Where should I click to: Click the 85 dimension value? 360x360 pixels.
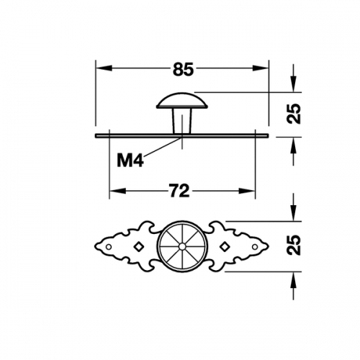[183, 69]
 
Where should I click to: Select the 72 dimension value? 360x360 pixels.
[179, 191]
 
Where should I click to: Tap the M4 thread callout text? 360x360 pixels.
[130, 161]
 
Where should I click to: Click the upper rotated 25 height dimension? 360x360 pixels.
[294, 114]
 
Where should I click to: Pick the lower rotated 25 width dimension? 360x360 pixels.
[294, 245]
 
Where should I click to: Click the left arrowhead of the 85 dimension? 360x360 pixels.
[104, 68]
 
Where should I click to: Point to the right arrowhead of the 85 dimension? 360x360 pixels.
[261, 68]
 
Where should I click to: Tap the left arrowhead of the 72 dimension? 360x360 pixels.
[117, 191]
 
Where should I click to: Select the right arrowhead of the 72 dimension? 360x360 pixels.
[247, 191]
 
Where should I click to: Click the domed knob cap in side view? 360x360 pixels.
[182, 101]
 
